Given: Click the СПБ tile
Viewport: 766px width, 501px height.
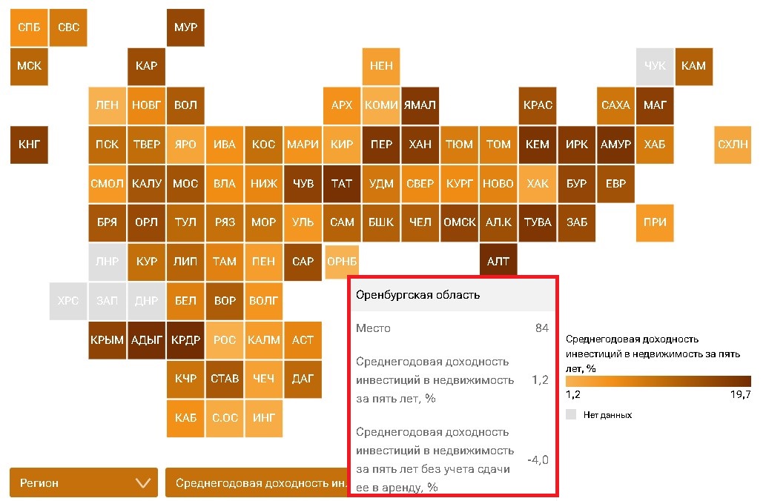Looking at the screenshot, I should click(x=29, y=27).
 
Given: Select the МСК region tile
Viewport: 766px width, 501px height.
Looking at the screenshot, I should click(x=29, y=66).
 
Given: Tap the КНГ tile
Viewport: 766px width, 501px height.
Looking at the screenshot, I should click(x=29, y=145).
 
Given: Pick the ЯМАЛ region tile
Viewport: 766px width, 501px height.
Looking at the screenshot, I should click(x=420, y=105).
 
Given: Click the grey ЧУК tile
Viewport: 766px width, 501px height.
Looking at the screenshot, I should click(x=655, y=66).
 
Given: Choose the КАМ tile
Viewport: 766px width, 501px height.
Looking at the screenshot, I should click(x=693, y=66).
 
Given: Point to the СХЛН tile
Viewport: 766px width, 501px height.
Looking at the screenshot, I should click(x=733, y=145).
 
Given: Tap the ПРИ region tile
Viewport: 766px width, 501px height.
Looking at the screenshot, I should click(x=655, y=222).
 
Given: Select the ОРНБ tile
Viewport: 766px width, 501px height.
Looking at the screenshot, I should click(x=342, y=262).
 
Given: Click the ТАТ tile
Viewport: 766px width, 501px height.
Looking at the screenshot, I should click(x=342, y=184).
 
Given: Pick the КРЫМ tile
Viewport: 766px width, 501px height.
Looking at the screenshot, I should click(x=107, y=340).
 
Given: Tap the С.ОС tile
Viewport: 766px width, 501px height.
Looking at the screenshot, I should click(x=225, y=418).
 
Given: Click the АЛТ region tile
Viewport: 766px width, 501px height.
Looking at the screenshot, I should click(x=498, y=262).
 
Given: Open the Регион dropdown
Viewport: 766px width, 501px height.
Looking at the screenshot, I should click(x=84, y=483).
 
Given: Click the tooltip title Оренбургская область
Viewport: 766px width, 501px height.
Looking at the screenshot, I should click(x=418, y=295).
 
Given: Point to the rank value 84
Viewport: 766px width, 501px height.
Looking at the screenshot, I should click(x=541, y=328).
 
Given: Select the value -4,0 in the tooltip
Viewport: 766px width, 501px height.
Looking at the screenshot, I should click(x=538, y=460).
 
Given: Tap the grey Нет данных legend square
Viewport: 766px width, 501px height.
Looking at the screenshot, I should click(x=570, y=414).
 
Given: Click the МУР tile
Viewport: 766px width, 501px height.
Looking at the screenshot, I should click(x=185, y=27).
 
